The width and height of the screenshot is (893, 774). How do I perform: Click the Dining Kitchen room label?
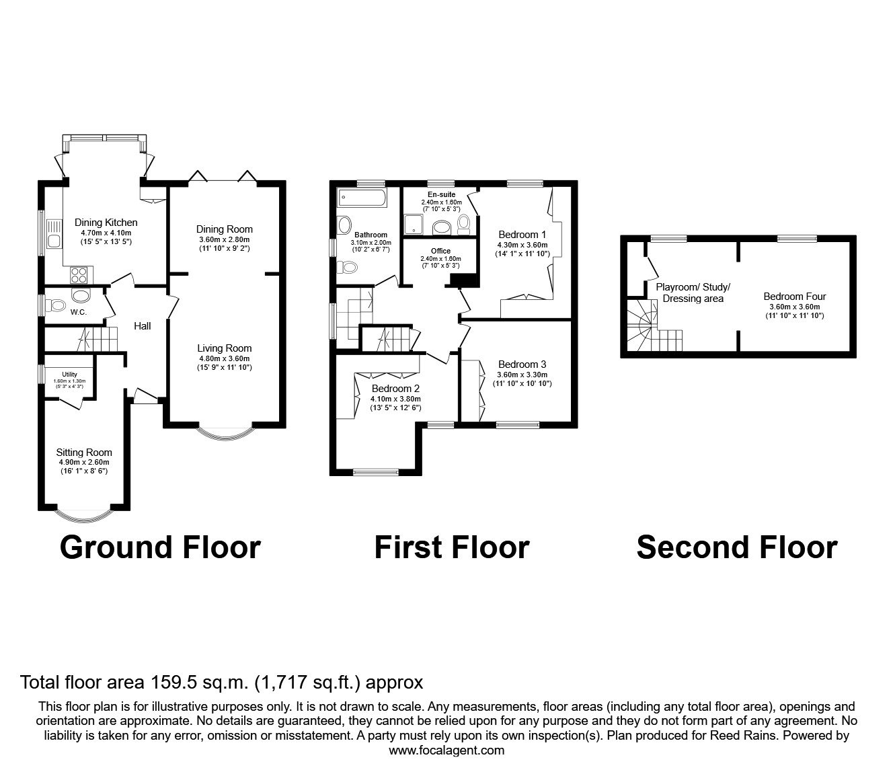pyautogui.click(x=106, y=223)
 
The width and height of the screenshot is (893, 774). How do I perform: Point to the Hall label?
pyautogui.click(x=142, y=326)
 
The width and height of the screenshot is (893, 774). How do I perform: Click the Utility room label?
pyautogui.click(x=69, y=375)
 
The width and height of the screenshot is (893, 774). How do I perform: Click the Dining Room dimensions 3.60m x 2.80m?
pyautogui.click(x=224, y=240)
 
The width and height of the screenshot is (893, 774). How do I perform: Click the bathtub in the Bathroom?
pyautogui.click(x=362, y=198)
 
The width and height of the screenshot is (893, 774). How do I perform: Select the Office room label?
pyautogui.click(x=440, y=251)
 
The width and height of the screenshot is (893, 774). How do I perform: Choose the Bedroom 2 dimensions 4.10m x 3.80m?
pyautogui.click(x=395, y=398)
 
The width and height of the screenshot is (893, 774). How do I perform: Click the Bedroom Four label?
pyautogui.click(x=794, y=296)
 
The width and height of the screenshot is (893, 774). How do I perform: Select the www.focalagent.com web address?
pyautogui.click(x=446, y=750)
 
